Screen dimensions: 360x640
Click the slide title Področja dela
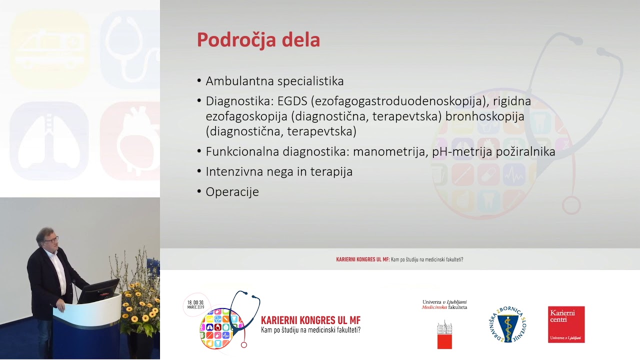258,40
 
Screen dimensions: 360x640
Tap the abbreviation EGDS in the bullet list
291,101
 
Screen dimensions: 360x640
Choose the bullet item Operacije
232,191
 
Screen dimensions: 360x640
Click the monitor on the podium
98,290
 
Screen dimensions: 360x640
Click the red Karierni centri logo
566,324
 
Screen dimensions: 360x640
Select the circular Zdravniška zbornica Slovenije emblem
507,324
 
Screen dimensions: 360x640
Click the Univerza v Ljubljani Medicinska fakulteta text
444,304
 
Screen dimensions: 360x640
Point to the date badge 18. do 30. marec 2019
195,305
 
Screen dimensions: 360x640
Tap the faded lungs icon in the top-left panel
49,140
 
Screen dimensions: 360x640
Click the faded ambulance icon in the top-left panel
49,49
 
